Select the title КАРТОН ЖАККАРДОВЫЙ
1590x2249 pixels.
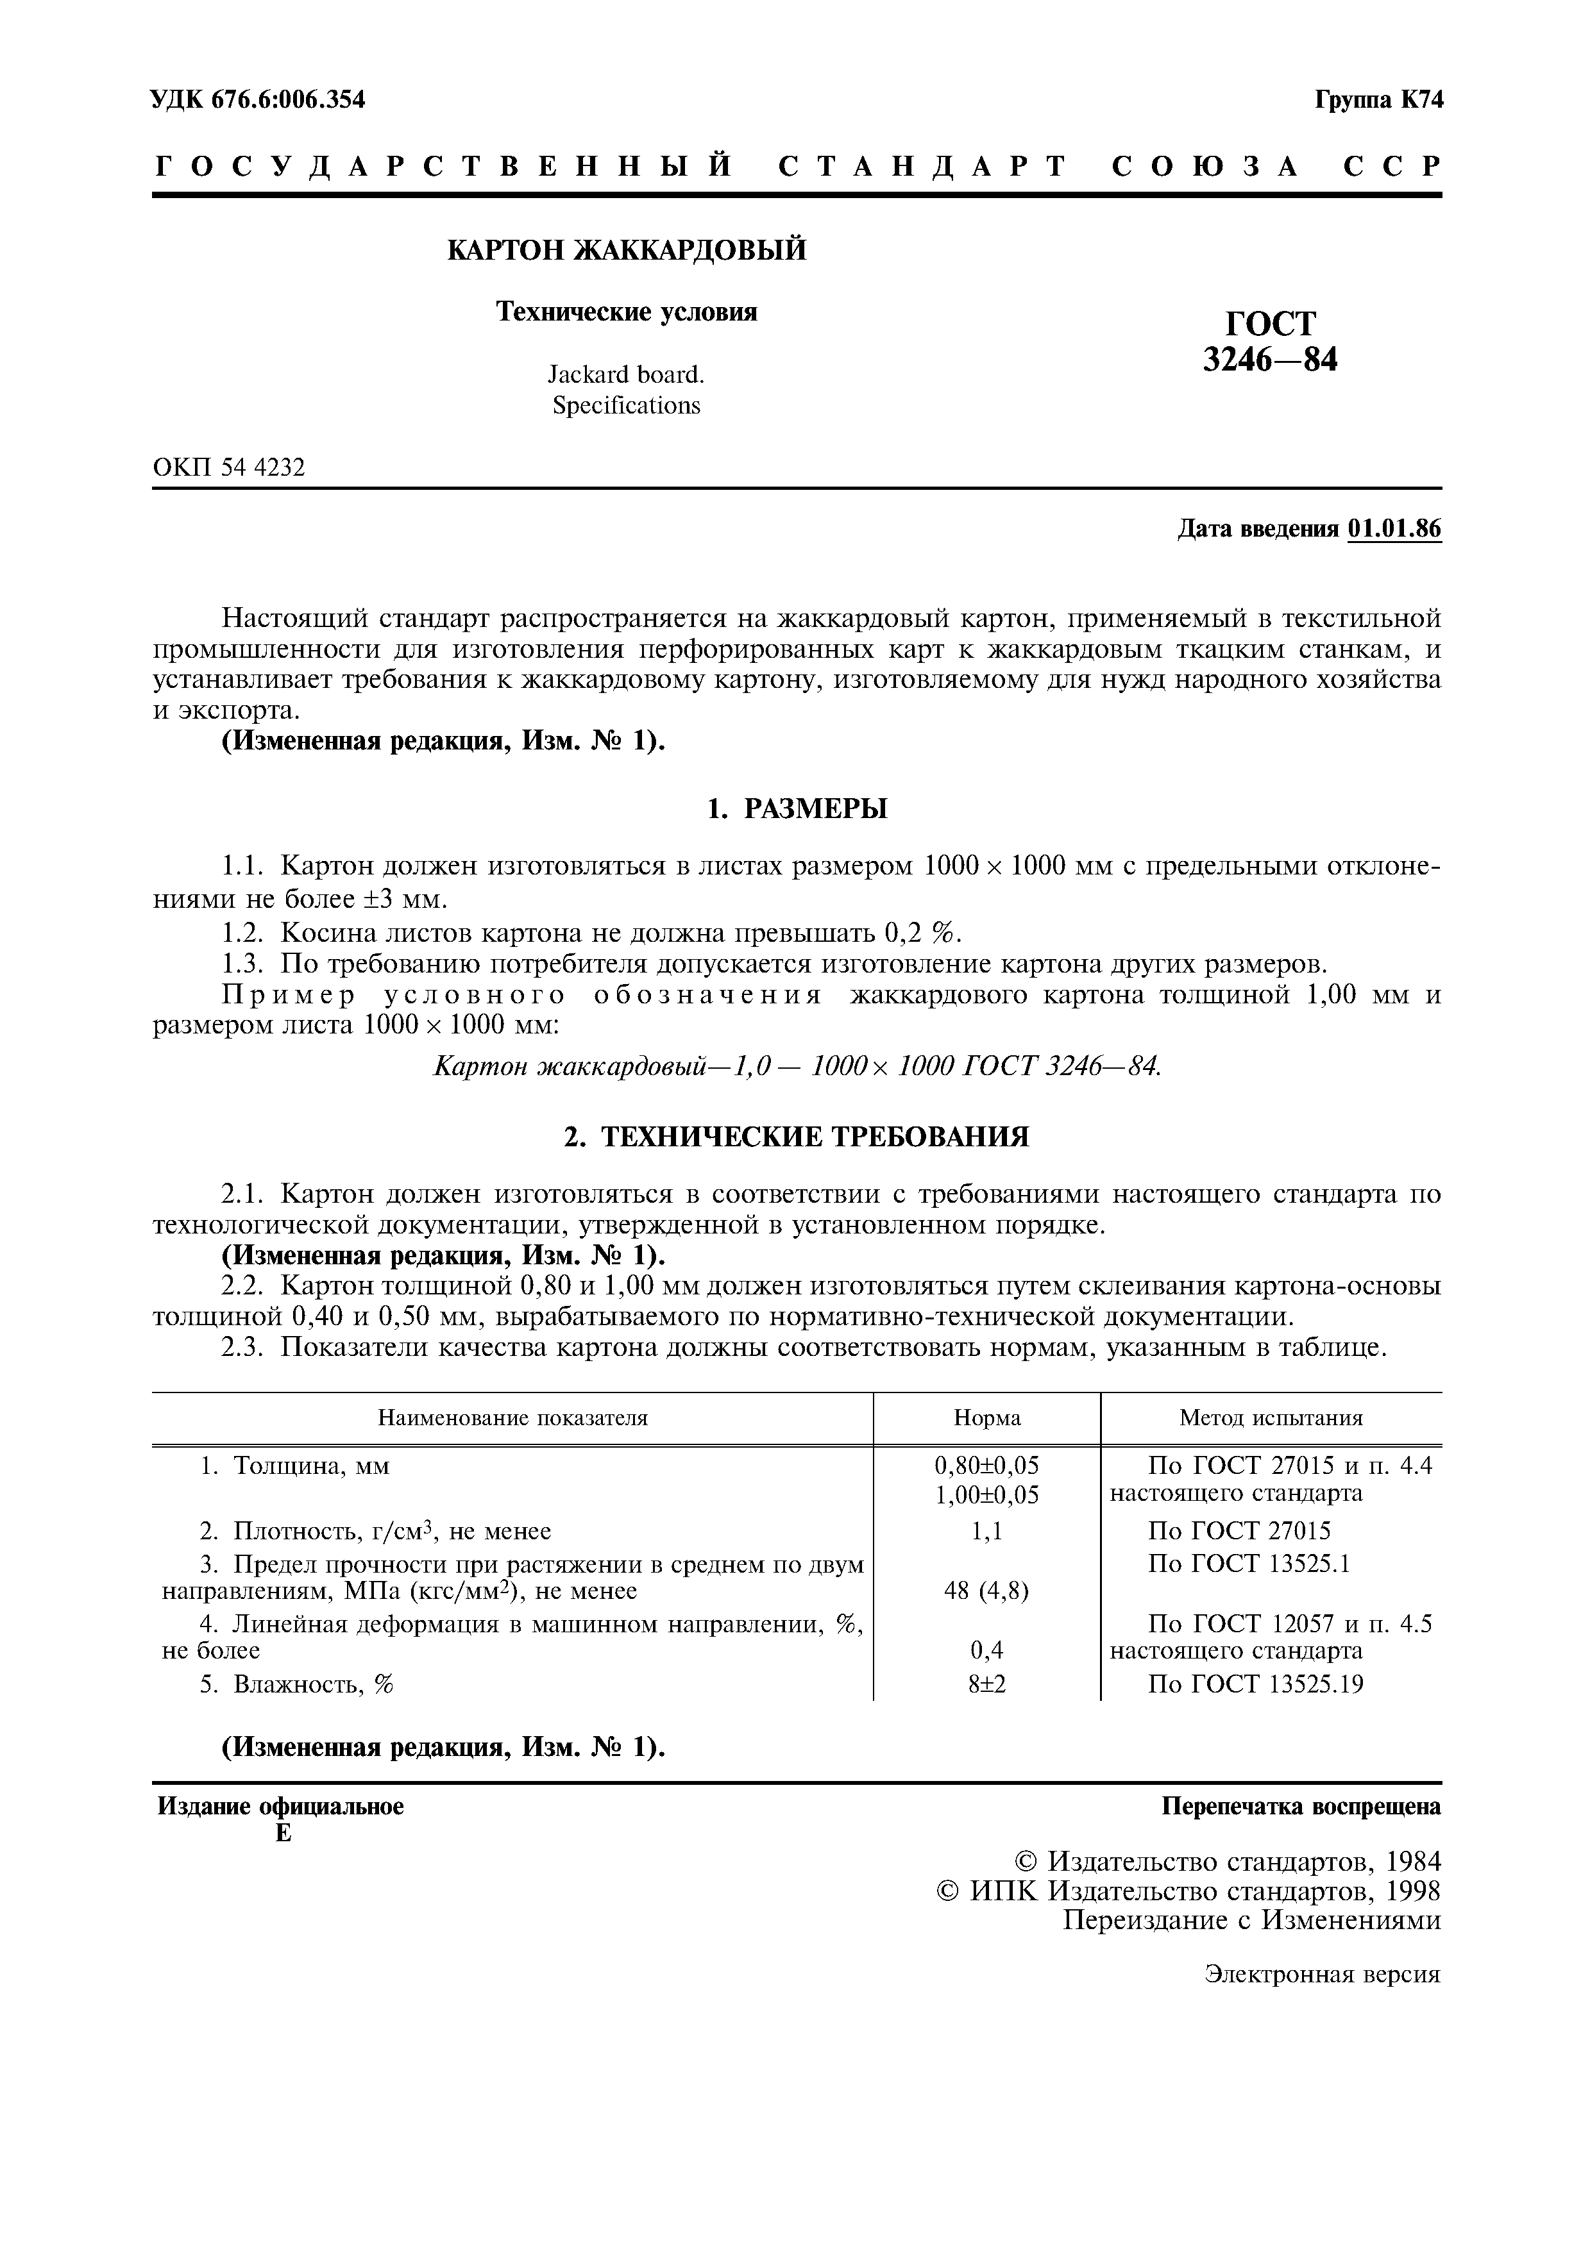(627, 251)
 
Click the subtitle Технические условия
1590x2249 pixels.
(627, 312)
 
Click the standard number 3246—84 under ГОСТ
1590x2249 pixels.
(1270, 360)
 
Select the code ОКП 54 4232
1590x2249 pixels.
(229, 468)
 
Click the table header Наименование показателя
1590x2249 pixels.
(512, 1418)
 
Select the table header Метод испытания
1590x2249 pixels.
(1271, 1418)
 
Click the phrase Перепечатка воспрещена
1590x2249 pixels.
(1301, 1806)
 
